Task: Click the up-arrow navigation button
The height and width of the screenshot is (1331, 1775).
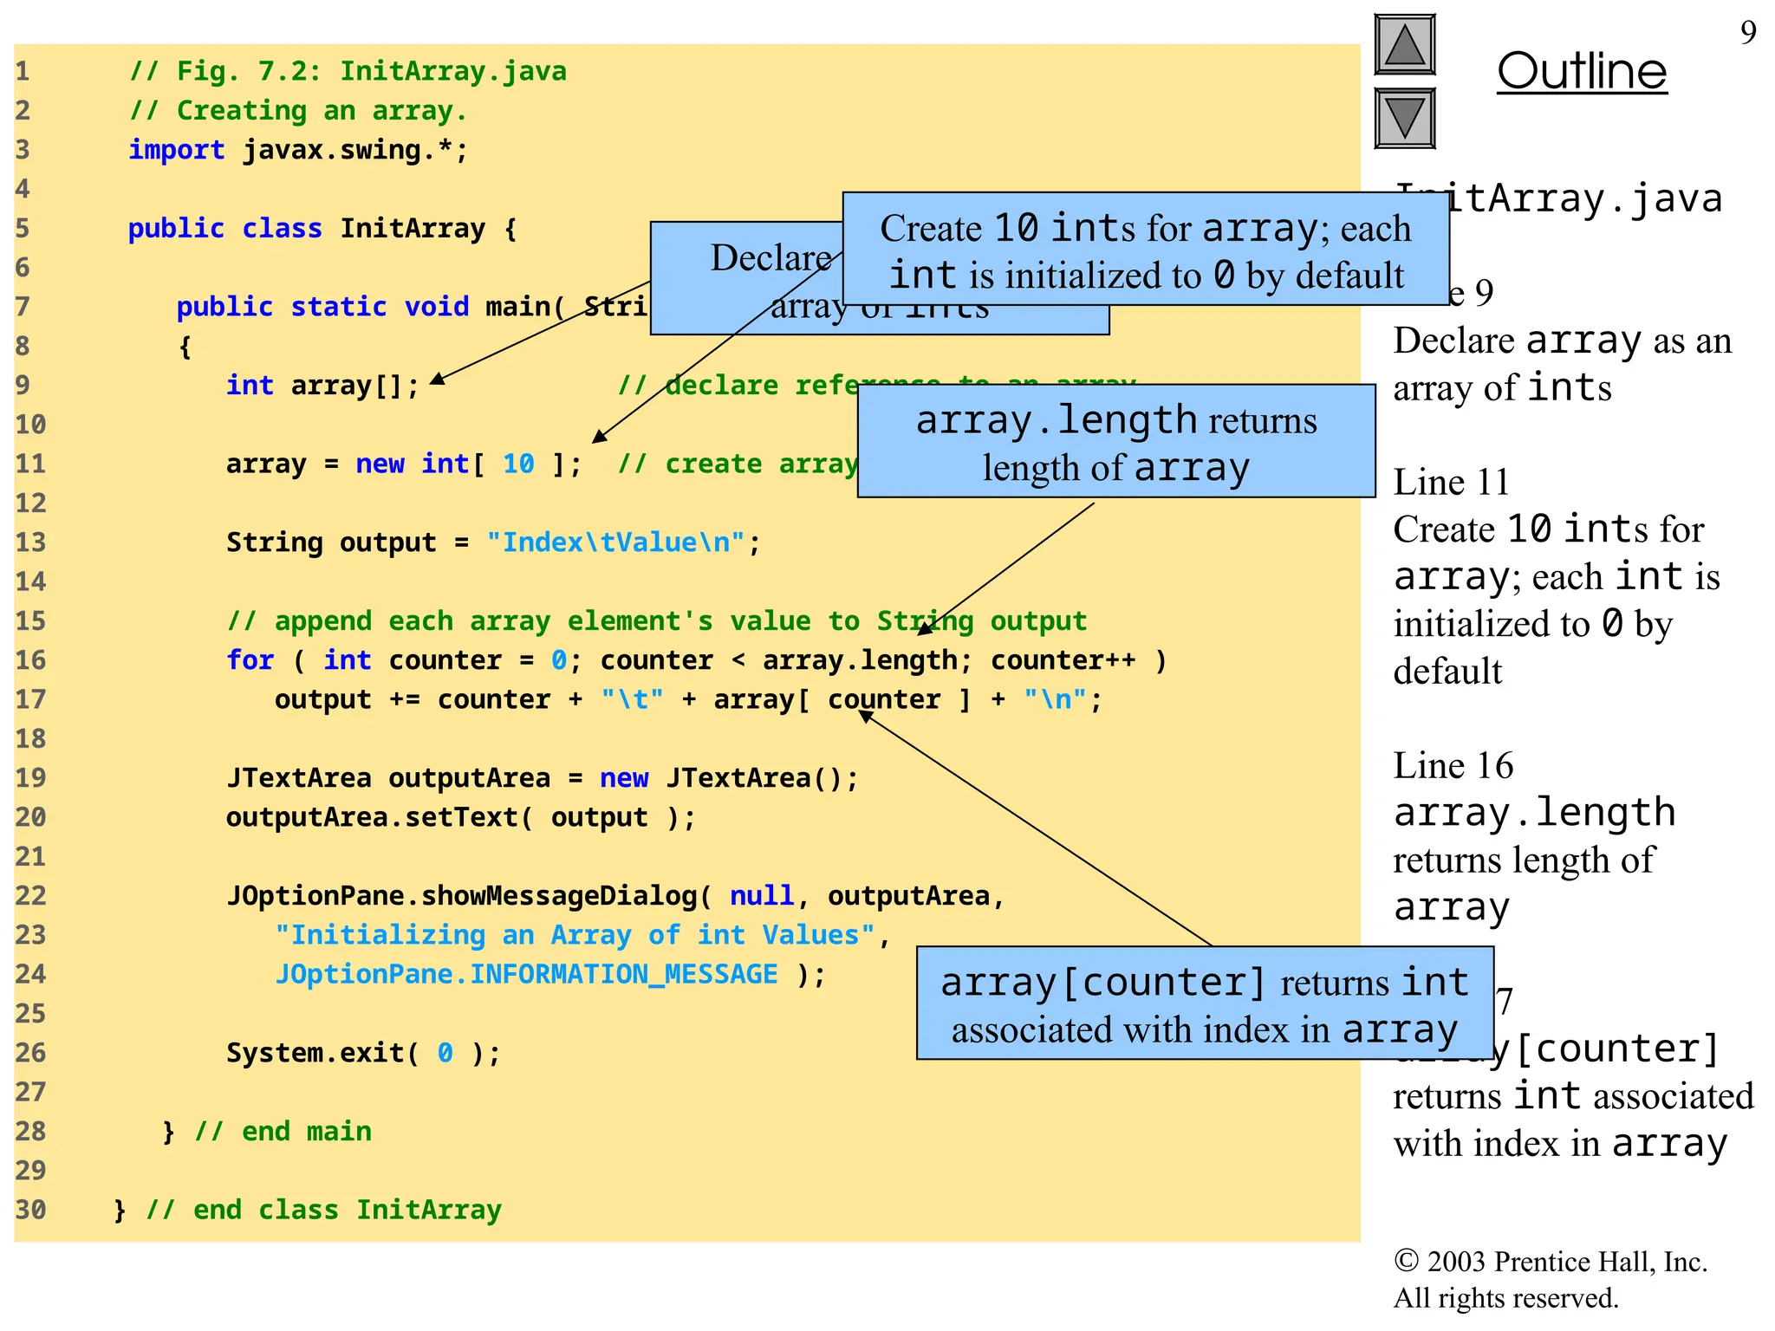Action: tap(1404, 44)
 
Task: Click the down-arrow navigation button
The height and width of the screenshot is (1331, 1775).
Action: tap(1404, 118)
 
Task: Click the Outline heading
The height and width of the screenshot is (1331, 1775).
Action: tap(1582, 71)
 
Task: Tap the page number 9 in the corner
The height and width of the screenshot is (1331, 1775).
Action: tap(1748, 33)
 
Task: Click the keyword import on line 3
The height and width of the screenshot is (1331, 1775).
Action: tap(176, 150)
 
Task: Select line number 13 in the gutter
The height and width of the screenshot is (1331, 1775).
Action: tap(30, 542)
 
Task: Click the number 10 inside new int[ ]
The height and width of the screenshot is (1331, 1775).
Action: tap(518, 464)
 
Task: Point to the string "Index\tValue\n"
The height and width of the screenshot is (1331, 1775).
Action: tap(615, 542)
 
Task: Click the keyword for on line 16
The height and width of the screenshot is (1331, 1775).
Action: tap(250, 660)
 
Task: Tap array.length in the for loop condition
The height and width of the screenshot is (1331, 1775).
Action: tap(859, 660)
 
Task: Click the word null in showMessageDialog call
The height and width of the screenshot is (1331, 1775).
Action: tap(761, 896)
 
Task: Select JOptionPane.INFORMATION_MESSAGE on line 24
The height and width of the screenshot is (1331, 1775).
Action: tap(526, 974)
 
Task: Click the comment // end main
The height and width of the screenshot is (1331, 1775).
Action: tap(283, 1132)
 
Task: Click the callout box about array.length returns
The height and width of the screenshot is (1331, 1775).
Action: tap(1115, 441)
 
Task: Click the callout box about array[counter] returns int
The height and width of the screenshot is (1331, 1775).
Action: tap(1204, 1003)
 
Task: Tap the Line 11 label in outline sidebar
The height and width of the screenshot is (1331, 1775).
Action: tap(1451, 482)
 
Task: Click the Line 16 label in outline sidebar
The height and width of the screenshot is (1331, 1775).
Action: tap(1453, 766)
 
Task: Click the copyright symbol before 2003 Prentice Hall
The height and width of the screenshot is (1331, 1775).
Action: tap(1405, 1261)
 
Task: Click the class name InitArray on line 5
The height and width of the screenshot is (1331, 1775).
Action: tap(413, 229)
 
